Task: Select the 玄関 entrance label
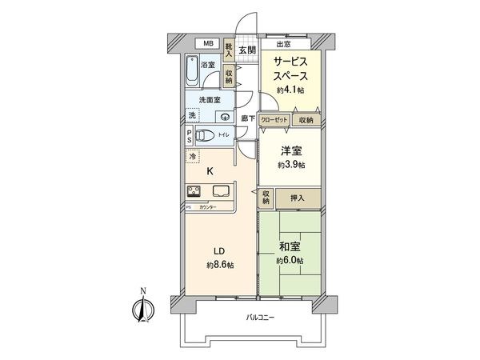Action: [246, 50]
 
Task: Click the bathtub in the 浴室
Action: [194, 71]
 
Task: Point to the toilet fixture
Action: [206, 135]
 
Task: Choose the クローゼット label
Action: [274, 120]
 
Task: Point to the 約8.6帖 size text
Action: [219, 264]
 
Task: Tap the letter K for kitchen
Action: [210, 171]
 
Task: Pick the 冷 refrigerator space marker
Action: [192, 157]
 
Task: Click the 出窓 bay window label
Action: [282, 44]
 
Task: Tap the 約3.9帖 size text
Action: [290, 165]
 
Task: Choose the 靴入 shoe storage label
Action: [230, 51]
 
